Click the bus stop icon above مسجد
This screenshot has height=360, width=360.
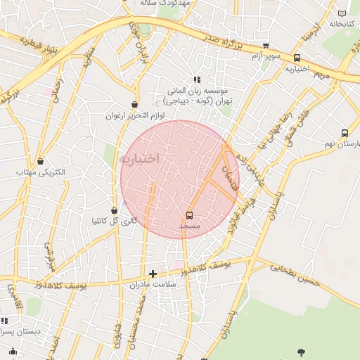189,215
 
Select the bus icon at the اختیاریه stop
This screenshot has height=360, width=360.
297,58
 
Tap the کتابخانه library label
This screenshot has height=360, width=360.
336,24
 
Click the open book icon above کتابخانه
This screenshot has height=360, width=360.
342,13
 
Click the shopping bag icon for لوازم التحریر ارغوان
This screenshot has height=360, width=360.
134,104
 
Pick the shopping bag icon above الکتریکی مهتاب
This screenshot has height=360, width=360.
40,161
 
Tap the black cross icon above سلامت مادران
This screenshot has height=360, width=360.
153,273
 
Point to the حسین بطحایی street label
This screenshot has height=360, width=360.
296,274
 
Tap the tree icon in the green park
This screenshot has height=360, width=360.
302,352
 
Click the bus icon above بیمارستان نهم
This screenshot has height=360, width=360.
345,133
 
